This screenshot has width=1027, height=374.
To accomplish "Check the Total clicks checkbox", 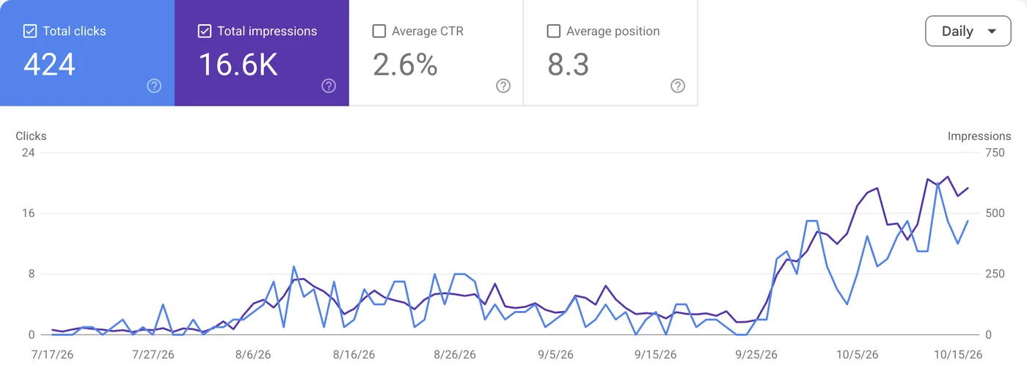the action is pos(30,31).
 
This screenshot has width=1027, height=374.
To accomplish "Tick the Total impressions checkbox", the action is pos(205,31).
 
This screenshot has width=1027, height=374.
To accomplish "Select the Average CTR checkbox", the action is pos(379,31).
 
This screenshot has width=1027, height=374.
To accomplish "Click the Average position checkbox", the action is pos(554,31).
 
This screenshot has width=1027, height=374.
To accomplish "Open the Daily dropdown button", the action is pos(968,31).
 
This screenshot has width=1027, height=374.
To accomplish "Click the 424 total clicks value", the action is pos(50,65).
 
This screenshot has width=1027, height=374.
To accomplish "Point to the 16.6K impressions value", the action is pos(238,65).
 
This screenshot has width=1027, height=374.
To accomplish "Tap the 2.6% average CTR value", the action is pos(405,65).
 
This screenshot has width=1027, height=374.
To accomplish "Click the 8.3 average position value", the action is pos(568,65).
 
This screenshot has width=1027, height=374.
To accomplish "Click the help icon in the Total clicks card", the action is pos(154,86).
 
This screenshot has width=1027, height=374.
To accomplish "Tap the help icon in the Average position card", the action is pos(678,86).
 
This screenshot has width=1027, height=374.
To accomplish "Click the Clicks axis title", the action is pos(31,136).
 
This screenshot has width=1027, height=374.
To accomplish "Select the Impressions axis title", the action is pos(979,136).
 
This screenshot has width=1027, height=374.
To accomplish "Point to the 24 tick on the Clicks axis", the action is pos(29,153).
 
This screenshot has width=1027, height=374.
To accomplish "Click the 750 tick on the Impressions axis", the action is pos(995,153).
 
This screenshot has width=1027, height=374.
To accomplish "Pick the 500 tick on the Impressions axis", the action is pos(995,213).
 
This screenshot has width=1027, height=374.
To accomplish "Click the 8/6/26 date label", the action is pos(253,355).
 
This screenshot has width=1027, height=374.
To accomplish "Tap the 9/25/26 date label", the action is pos(756,355).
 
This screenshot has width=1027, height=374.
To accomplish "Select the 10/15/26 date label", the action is pos(958,355).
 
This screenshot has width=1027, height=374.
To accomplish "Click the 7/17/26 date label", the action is pos(52,355).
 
